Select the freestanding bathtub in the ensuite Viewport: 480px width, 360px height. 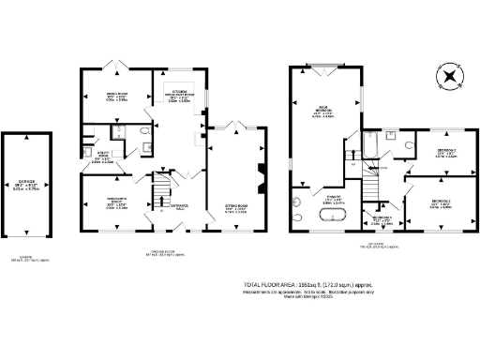331,217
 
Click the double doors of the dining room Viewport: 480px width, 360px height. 116,66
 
